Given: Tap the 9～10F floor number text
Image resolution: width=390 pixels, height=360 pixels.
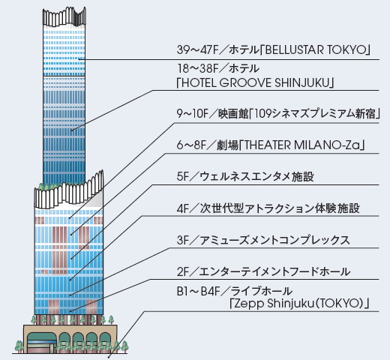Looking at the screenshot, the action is (x=192, y=113).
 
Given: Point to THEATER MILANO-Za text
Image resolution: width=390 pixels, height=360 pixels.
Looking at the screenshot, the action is (x=302, y=145).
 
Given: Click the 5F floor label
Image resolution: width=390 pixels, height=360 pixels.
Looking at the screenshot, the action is (x=183, y=176).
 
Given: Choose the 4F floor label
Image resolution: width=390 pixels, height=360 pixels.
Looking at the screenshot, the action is (x=183, y=208).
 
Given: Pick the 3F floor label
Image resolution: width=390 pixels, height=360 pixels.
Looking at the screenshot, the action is (x=183, y=240).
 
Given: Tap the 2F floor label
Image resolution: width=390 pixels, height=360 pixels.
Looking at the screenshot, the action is (x=183, y=271).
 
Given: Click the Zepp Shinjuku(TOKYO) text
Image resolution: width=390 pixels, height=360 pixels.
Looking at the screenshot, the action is (x=298, y=304).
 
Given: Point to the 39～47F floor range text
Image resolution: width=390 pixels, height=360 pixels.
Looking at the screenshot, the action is (x=198, y=49).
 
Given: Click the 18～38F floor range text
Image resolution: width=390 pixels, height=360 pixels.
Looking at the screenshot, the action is (x=198, y=68).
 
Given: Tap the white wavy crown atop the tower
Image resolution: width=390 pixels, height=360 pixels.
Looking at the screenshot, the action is (x=64, y=16).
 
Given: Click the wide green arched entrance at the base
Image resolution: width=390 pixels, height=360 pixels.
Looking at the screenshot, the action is (x=41, y=342).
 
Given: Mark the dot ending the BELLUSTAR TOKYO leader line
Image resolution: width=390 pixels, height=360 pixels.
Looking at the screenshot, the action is (x=79, y=59).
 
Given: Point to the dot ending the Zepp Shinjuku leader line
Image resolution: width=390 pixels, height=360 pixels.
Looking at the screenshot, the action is (x=108, y=357).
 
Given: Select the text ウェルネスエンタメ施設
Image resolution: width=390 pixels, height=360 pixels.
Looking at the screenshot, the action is (x=256, y=176).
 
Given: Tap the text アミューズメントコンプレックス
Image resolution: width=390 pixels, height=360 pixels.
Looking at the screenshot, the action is (x=274, y=240).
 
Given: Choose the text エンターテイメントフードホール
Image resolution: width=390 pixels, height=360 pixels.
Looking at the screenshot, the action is (x=274, y=271).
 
